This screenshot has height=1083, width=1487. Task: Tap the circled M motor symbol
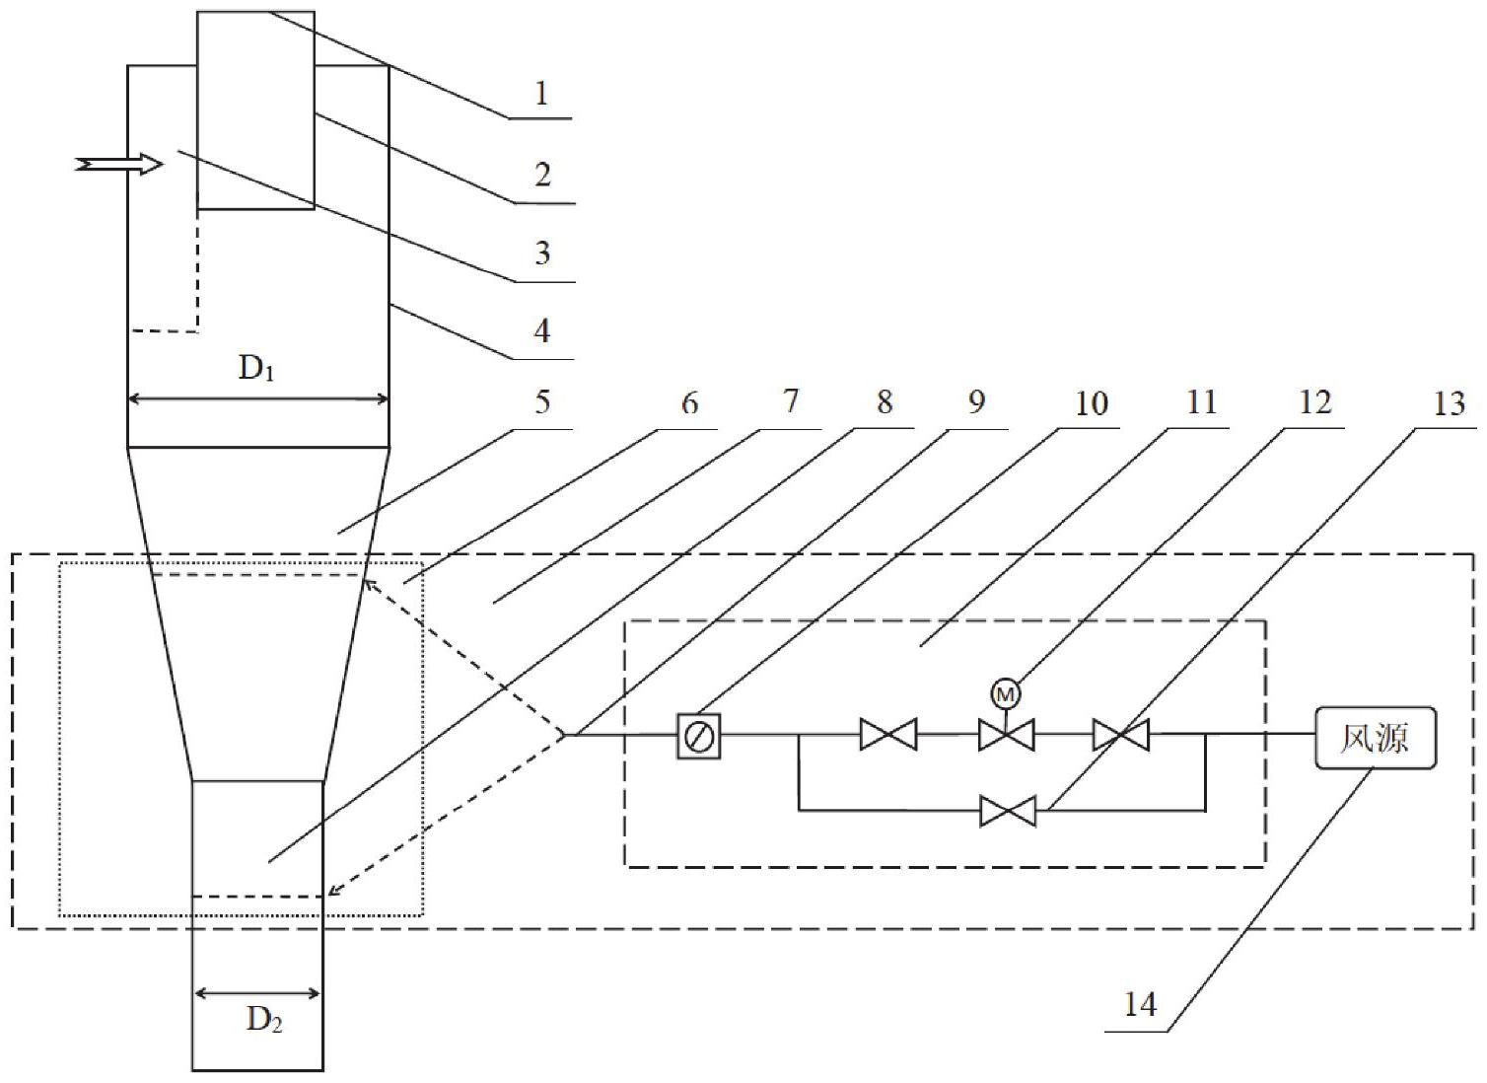(x=1005, y=695)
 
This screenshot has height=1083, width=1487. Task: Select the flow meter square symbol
(x=698, y=736)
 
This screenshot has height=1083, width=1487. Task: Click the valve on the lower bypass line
(x=1008, y=811)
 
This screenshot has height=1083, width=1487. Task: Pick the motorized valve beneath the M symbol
(x=1006, y=735)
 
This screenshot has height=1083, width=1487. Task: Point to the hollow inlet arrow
(x=119, y=165)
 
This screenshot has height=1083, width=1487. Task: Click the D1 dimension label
(x=257, y=369)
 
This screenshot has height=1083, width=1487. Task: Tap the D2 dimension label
(x=264, y=1019)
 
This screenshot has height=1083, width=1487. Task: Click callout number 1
(x=540, y=94)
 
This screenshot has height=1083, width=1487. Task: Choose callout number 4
(x=541, y=330)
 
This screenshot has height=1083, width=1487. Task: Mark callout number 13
(x=1449, y=403)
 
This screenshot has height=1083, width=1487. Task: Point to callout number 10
(x=1091, y=403)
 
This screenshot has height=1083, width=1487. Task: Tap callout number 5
(x=541, y=402)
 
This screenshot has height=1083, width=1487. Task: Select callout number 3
(x=541, y=253)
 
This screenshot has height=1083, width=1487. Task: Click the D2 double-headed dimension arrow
(x=257, y=993)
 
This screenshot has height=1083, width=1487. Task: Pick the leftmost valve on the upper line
(x=887, y=735)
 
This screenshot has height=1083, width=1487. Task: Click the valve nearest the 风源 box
(x=1120, y=735)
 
